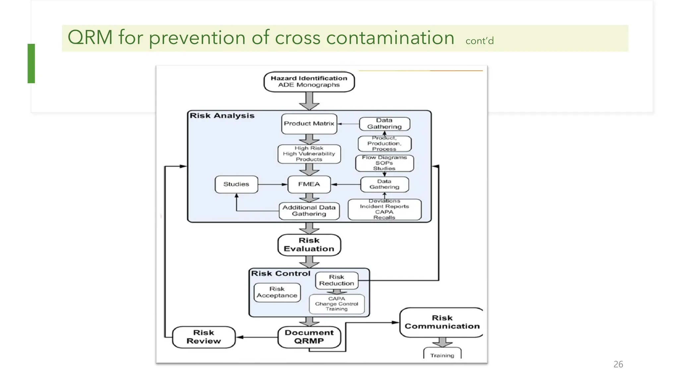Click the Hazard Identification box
309,82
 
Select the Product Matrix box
309,124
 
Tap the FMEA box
309,184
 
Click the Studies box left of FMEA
236,184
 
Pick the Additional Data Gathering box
309,211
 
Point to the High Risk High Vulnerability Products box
309,154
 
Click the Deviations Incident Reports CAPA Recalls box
384,210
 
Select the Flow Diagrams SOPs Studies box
384,163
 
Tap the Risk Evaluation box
309,245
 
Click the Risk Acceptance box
277,292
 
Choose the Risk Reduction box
337,281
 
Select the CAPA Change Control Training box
337,304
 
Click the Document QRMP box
309,337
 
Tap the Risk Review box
204,337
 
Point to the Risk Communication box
442,322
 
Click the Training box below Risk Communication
442,354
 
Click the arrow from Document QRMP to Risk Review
257,337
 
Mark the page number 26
618,364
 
